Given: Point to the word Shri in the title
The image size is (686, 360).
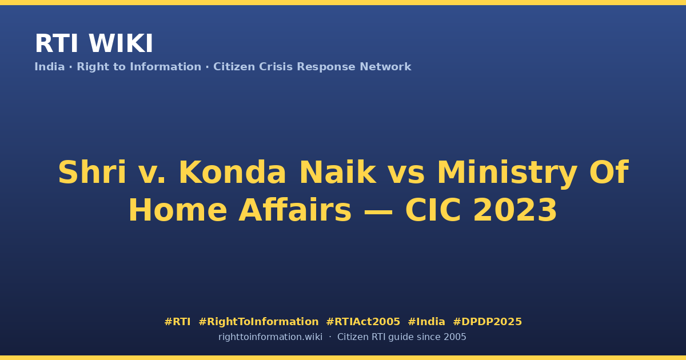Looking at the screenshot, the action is (x=92, y=173).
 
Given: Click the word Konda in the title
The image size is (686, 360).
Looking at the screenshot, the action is (x=232, y=173).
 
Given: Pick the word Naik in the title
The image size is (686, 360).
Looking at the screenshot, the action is (x=338, y=173).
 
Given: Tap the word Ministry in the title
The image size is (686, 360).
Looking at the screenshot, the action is (x=507, y=173).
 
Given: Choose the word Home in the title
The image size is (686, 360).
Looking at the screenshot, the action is (x=178, y=210).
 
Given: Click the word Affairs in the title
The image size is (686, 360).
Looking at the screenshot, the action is (x=295, y=210).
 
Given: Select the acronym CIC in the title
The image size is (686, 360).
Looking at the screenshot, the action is (x=433, y=210).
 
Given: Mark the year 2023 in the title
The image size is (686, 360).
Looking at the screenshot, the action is (x=515, y=210).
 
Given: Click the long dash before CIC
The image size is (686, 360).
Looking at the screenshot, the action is (x=378, y=211).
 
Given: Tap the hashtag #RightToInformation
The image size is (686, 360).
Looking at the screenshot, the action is (x=258, y=322).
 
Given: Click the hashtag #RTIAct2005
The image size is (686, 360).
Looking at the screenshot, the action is (x=363, y=322).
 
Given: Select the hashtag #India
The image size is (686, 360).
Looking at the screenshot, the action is (x=426, y=322).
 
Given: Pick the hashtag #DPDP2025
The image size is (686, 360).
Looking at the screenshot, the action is (x=487, y=322).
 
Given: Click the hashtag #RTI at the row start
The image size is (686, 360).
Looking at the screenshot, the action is (x=177, y=322).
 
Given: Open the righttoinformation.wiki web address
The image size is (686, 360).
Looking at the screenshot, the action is (x=270, y=337).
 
